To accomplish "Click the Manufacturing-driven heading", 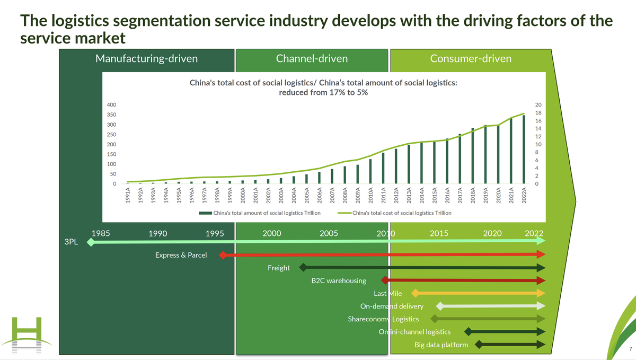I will coord(146,58).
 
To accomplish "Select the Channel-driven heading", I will coord(312,58).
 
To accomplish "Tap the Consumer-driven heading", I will coord(471,58).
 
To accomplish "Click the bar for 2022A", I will coord(524,150).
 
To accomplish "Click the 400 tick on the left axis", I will coord(112,105).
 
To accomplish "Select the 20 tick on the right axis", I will coord(538,105).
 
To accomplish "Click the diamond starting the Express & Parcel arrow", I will coord(223,255).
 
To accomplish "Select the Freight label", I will coord(279,268).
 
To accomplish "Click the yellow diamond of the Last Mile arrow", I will coord(416,293).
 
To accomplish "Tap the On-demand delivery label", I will coord(392,306).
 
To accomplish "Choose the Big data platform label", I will coord(441,345).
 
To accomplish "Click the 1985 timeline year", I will coord(101,233).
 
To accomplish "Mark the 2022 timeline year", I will coord(534,233).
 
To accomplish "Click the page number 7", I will coord(630,348).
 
